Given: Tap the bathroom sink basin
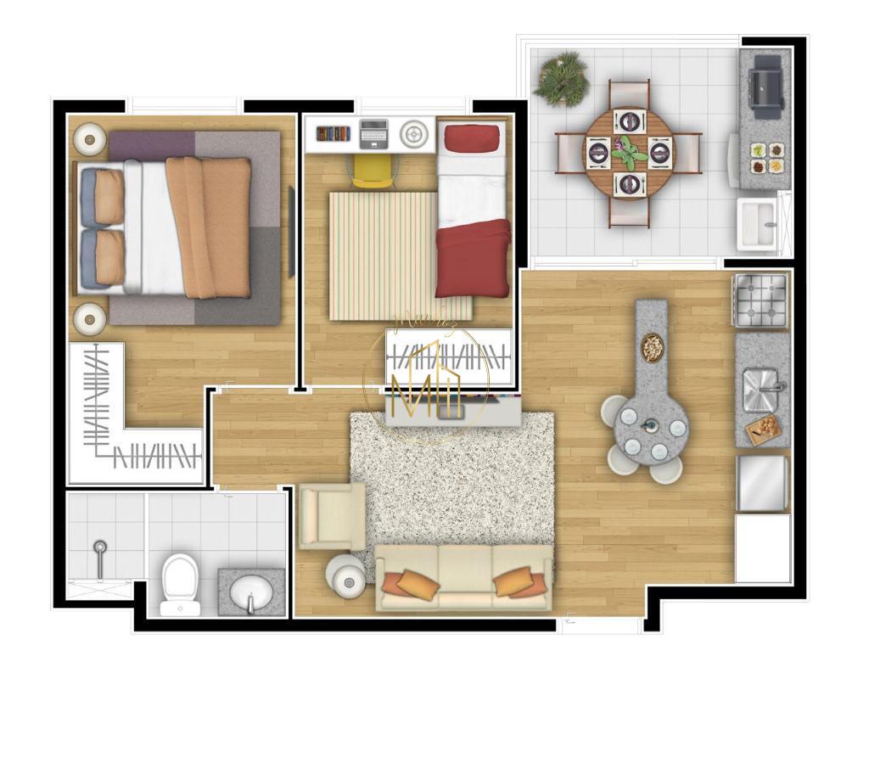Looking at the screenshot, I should click(x=251, y=591).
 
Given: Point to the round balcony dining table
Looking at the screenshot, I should click(x=628, y=153).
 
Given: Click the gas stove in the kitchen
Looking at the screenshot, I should click(x=760, y=300).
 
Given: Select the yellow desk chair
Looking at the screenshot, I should click(x=373, y=169).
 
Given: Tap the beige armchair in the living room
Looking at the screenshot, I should click(x=332, y=515).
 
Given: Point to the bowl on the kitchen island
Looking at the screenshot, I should click(x=653, y=346).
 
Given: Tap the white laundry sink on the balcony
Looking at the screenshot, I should click(x=758, y=224).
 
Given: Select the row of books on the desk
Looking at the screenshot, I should click(x=333, y=133).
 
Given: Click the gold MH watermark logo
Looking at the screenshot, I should click(x=424, y=386).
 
